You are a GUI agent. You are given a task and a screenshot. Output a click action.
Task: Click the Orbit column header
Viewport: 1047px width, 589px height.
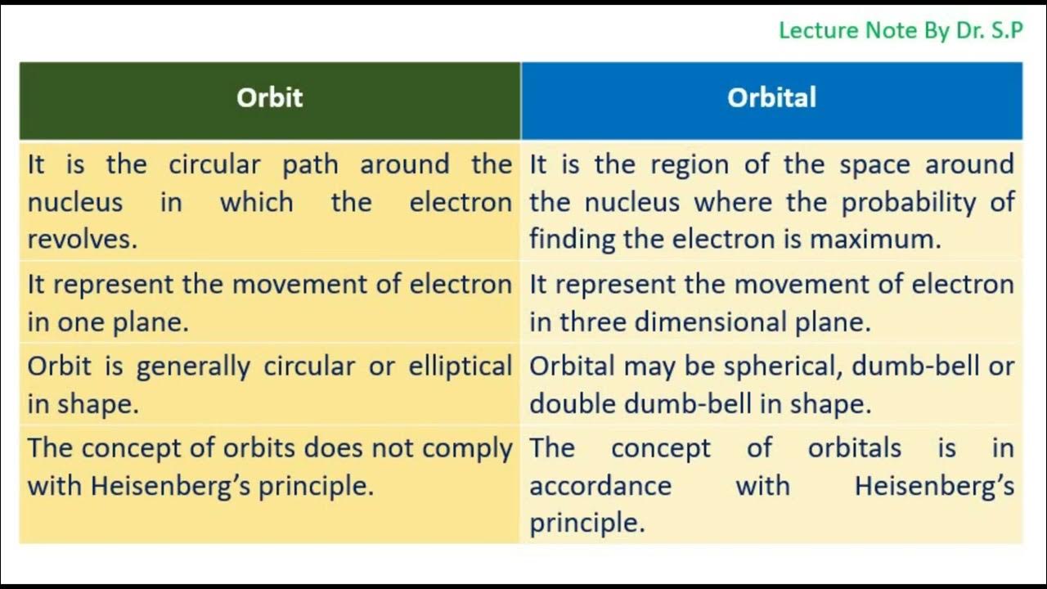(x=269, y=97)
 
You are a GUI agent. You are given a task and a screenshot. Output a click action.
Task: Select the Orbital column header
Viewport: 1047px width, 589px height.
(x=771, y=97)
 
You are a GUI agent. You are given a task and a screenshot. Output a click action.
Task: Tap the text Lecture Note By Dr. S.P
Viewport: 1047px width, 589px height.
(x=901, y=31)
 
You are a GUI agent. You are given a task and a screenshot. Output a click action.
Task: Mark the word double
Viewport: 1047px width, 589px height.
(x=573, y=404)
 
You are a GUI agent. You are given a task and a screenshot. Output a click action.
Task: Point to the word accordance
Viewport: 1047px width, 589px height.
(x=600, y=486)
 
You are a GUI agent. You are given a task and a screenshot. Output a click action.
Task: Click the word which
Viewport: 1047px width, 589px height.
(x=256, y=202)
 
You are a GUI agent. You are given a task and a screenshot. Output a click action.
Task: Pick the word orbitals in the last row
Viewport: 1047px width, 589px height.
(x=854, y=448)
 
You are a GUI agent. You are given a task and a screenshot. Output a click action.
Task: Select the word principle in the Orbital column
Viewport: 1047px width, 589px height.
(x=586, y=524)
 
